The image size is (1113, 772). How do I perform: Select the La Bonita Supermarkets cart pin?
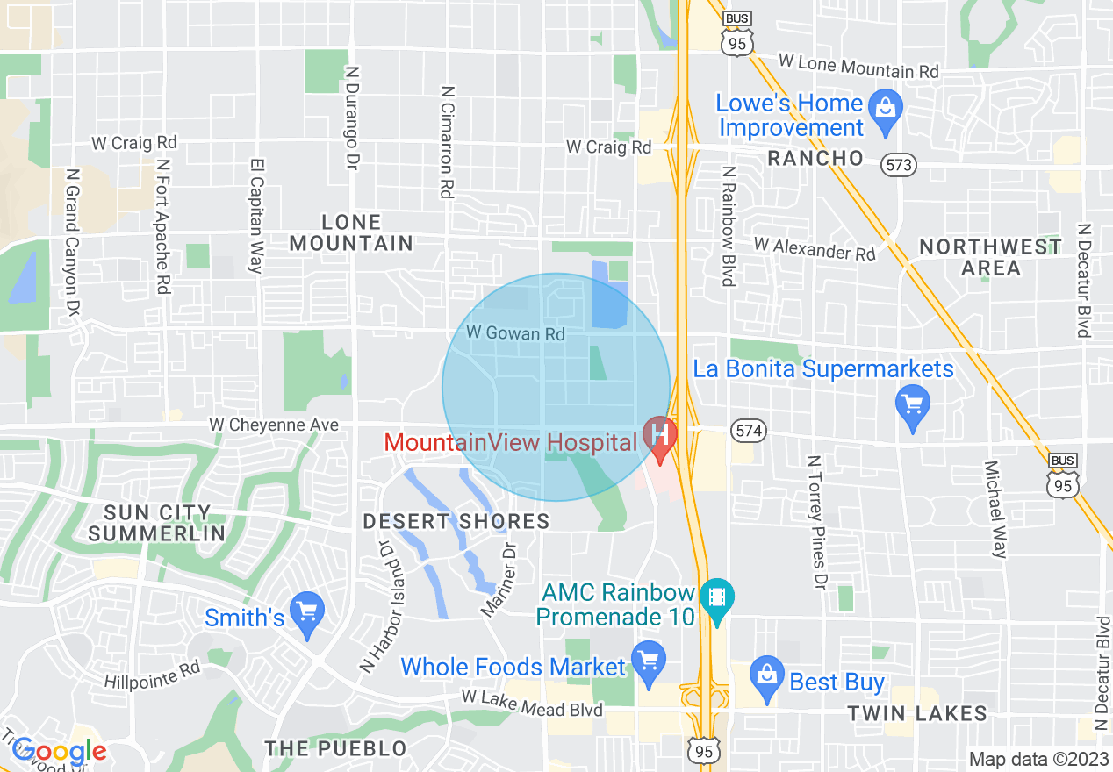[913, 405]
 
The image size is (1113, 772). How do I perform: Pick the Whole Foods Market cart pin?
[648, 661]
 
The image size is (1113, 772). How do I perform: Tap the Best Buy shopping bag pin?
[767, 676]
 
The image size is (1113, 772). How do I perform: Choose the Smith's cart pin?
[307, 611]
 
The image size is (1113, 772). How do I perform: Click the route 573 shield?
[901, 164]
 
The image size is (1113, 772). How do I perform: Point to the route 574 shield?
[749, 431]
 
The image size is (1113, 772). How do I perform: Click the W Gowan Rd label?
[515, 333]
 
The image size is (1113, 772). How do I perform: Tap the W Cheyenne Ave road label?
[274, 425]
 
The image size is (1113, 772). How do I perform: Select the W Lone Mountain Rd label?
[858, 66]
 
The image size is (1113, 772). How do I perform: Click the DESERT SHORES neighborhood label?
[456, 521]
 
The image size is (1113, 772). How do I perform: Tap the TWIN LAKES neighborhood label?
[917, 714]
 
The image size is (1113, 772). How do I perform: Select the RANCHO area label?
[815, 158]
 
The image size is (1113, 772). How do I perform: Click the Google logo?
[59, 751]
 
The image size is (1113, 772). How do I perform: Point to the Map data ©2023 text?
[1038, 759]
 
